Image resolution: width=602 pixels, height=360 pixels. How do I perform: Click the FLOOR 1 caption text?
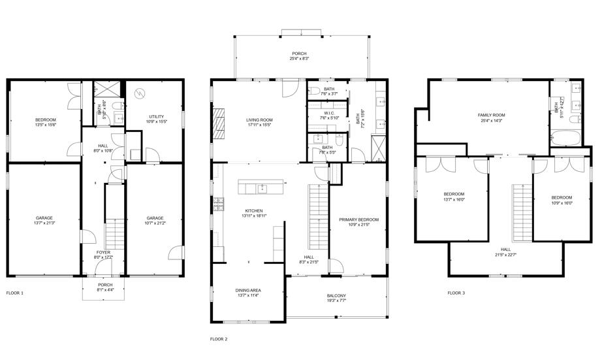(x=14, y=293)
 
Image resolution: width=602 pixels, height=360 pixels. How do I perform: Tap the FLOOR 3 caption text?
(x=456, y=293)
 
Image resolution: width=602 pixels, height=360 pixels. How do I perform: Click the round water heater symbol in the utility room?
(x=138, y=93)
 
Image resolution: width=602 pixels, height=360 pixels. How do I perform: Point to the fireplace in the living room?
(x=219, y=123)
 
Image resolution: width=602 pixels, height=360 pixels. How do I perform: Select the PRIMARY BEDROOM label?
(x=358, y=220)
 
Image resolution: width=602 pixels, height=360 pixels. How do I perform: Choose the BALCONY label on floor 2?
(x=336, y=296)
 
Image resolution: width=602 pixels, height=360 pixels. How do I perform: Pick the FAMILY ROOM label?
(x=492, y=115)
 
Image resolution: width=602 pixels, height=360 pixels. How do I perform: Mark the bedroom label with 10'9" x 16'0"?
(x=562, y=203)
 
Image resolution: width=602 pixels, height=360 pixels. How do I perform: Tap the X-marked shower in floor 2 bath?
(x=377, y=145)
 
